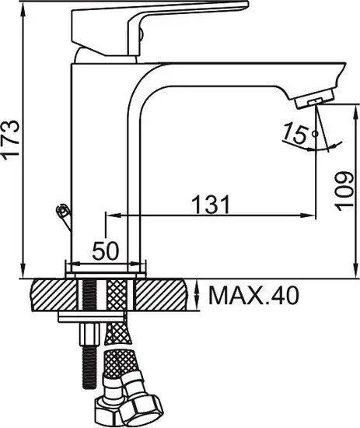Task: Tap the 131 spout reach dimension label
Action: tap(211, 205)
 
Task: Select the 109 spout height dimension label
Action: tap(344, 191)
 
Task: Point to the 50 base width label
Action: tap(106, 251)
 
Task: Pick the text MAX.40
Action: tap(253, 296)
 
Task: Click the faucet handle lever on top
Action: tap(159, 27)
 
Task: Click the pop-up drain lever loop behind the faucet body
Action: tap(63, 211)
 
